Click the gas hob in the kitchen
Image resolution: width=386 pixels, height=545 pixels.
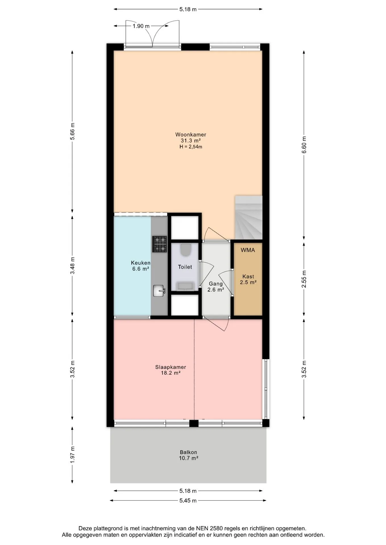[x=159, y=244]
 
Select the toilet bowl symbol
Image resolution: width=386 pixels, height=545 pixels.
[x=185, y=250]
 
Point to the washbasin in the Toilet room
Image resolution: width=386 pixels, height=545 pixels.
[x=185, y=286]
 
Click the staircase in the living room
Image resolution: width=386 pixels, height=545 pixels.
[x=248, y=217]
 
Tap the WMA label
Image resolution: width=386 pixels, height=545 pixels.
[x=248, y=250]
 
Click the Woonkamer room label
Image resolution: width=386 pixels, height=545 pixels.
[x=191, y=135]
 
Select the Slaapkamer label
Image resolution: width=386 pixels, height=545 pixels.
[x=171, y=367]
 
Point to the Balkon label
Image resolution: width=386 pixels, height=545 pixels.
[x=188, y=452]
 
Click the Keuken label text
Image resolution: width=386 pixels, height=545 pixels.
[x=141, y=263]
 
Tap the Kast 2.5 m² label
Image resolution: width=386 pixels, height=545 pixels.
[x=248, y=279]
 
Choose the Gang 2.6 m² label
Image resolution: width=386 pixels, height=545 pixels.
[x=216, y=287]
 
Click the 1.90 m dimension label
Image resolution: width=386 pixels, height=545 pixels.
[x=141, y=26]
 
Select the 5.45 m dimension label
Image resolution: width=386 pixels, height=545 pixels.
[x=188, y=500]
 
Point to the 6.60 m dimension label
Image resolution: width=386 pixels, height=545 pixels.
[x=304, y=145]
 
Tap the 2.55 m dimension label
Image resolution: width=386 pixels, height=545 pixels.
[x=304, y=279]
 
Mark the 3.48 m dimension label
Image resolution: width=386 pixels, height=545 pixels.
[x=72, y=265]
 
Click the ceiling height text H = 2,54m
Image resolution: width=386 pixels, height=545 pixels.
[x=191, y=147]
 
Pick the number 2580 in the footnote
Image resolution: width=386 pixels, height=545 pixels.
[x=217, y=529]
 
